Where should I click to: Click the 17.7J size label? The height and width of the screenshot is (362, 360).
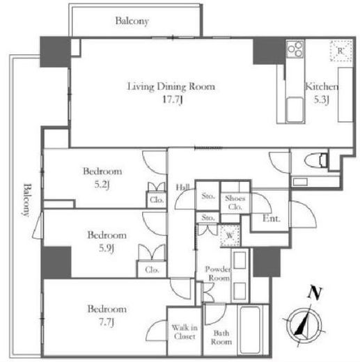point(171,100)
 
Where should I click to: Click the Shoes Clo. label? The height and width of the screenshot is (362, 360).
point(234,201)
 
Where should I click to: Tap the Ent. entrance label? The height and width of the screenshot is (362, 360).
point(272,219)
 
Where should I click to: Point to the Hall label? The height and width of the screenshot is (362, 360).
point(183,187)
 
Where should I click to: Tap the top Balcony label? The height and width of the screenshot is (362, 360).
point(132,22)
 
